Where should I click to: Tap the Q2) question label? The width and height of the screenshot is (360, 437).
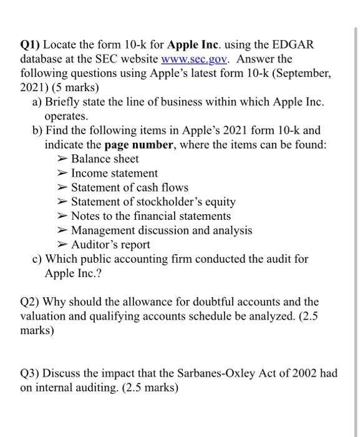(x=31, y=302)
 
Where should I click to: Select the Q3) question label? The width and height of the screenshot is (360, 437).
(x=31, y=373)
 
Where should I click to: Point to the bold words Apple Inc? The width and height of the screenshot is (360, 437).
(x=178, y=46)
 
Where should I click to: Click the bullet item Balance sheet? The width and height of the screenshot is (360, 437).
(x=105, y=159)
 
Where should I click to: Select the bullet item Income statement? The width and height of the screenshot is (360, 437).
(x=114, y=173)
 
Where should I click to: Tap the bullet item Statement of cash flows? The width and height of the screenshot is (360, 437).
(x=129, y=187)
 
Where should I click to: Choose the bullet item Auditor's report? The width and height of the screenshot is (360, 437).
(x=110, y=245)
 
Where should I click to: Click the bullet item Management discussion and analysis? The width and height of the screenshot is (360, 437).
(x=162, y=230)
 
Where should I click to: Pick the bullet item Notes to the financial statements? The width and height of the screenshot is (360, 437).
(x=150, y=216)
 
